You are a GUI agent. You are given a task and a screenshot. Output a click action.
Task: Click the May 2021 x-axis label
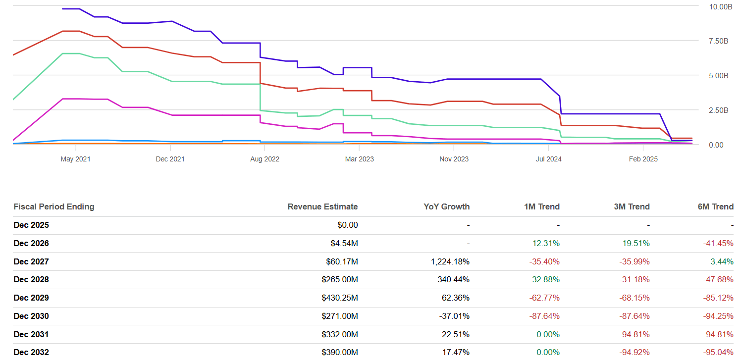coord(75,159)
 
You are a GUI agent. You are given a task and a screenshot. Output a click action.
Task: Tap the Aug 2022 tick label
coord(264,159)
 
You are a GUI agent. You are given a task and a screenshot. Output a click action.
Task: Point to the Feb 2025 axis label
coord(643,159)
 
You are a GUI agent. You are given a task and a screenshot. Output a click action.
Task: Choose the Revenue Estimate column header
coord(322,206)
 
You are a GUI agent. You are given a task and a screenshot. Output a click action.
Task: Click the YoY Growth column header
coord(447,206)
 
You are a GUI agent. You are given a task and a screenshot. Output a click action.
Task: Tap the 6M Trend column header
coord(715,206)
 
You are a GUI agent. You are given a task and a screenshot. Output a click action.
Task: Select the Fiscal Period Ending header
coord(54,206)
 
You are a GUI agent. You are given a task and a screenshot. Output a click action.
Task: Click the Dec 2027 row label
coord(31,261)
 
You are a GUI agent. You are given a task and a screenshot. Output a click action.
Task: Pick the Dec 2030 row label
coord(31,316)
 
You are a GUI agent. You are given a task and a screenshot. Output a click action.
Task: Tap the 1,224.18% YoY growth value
coord(451,261)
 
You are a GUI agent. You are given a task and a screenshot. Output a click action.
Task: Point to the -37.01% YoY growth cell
coord(455,316)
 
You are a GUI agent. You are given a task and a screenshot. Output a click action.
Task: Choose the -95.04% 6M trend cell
coord(718,352)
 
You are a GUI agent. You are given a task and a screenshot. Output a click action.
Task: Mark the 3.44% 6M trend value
coord(722,261)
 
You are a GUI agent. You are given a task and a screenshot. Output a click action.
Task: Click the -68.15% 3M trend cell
coord(634,298)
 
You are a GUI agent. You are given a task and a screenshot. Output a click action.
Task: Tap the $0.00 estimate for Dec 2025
coord(347,225)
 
